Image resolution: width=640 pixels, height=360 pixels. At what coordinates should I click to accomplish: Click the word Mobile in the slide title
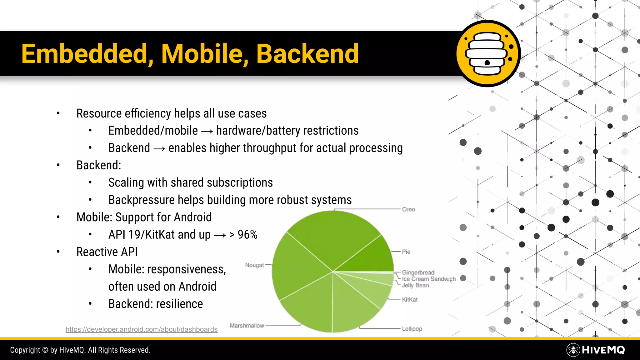click(202, 54)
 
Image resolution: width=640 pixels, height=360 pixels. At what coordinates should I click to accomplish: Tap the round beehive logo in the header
click(488, 54)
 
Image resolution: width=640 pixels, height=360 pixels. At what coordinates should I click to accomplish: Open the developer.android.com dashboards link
click(142, 329)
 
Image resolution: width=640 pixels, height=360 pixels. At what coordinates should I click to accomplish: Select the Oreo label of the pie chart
click(408, 209)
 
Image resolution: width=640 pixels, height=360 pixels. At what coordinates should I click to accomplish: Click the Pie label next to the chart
click(406, 252)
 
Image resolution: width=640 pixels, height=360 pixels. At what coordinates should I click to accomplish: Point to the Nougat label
click(254, 265)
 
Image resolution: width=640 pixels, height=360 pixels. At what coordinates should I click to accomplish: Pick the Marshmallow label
click(247, 326)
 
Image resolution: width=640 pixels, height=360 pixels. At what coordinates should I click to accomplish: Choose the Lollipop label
click(412, 329)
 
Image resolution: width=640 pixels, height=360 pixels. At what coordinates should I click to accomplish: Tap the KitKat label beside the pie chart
click(410, 300)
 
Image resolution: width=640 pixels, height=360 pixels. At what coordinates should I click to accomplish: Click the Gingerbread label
click(418, 272)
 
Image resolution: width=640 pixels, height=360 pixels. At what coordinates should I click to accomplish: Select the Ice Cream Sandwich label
click(429, 279)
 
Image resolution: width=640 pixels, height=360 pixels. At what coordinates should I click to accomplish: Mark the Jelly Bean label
click(415, 285)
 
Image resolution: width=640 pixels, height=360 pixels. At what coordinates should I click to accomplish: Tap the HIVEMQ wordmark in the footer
click(603, 350)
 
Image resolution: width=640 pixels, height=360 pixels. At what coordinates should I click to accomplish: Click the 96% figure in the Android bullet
click(247, 235)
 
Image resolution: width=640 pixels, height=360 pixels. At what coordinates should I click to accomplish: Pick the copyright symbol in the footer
click(45, 350)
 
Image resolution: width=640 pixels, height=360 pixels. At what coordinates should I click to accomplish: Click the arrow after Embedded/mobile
click(207, 131)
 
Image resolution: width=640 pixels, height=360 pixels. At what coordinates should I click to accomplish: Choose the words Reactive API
click(107, 252)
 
